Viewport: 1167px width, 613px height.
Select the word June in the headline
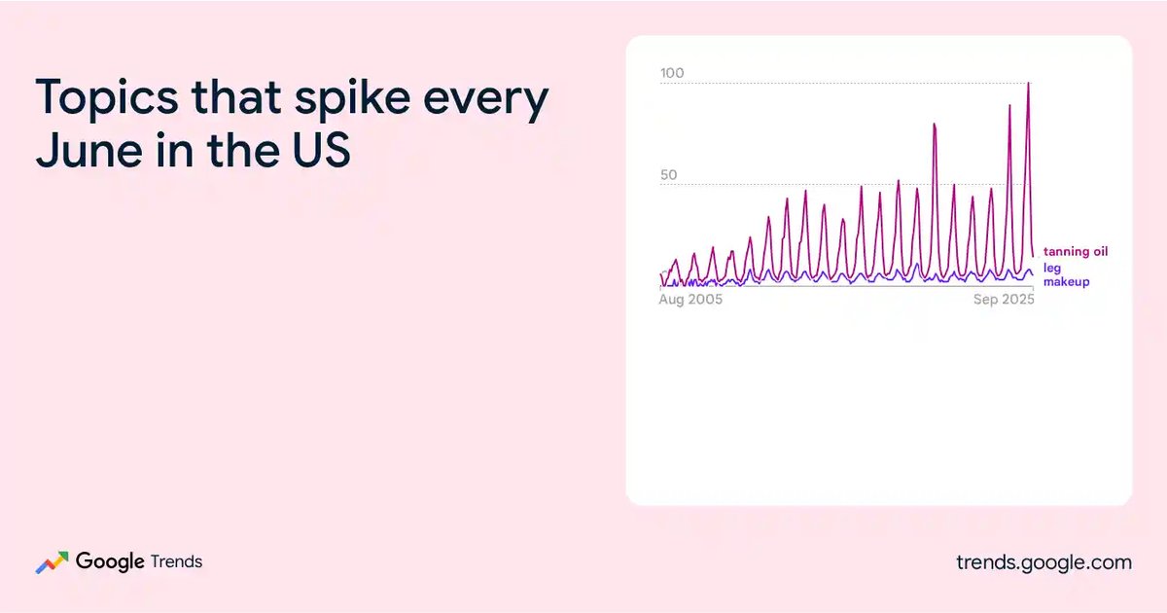88,150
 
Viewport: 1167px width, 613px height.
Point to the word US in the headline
321,150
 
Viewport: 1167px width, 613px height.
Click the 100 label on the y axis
672,73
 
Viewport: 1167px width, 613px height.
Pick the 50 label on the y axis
669,174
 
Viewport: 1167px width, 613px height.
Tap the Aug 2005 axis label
690,300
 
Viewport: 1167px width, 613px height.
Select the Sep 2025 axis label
1004,300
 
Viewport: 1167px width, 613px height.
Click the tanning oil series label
1076,252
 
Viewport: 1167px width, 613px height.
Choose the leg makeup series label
1066,274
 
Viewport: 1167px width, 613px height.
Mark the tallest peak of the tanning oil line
1028,84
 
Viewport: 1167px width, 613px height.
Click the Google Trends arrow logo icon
53,562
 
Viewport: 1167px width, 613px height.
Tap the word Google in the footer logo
110,562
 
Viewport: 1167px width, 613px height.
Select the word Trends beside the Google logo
176,562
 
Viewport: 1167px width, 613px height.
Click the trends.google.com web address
1043,562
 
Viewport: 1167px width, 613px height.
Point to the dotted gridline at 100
844,84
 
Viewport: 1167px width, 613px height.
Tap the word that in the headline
236,96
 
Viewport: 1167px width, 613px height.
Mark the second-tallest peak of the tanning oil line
1009,106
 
